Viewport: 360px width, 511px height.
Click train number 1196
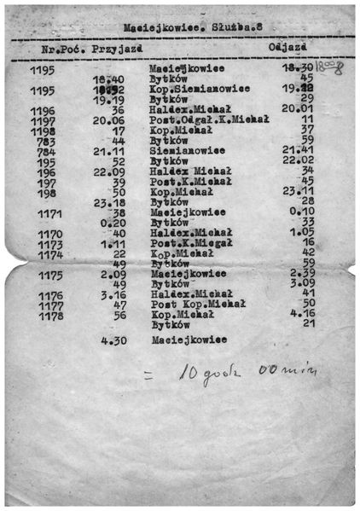pos(42,111)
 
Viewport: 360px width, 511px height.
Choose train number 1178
pos(50,315)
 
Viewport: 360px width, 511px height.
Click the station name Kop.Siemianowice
pos(199,89)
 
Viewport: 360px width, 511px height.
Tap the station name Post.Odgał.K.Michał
pos(208,120)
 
